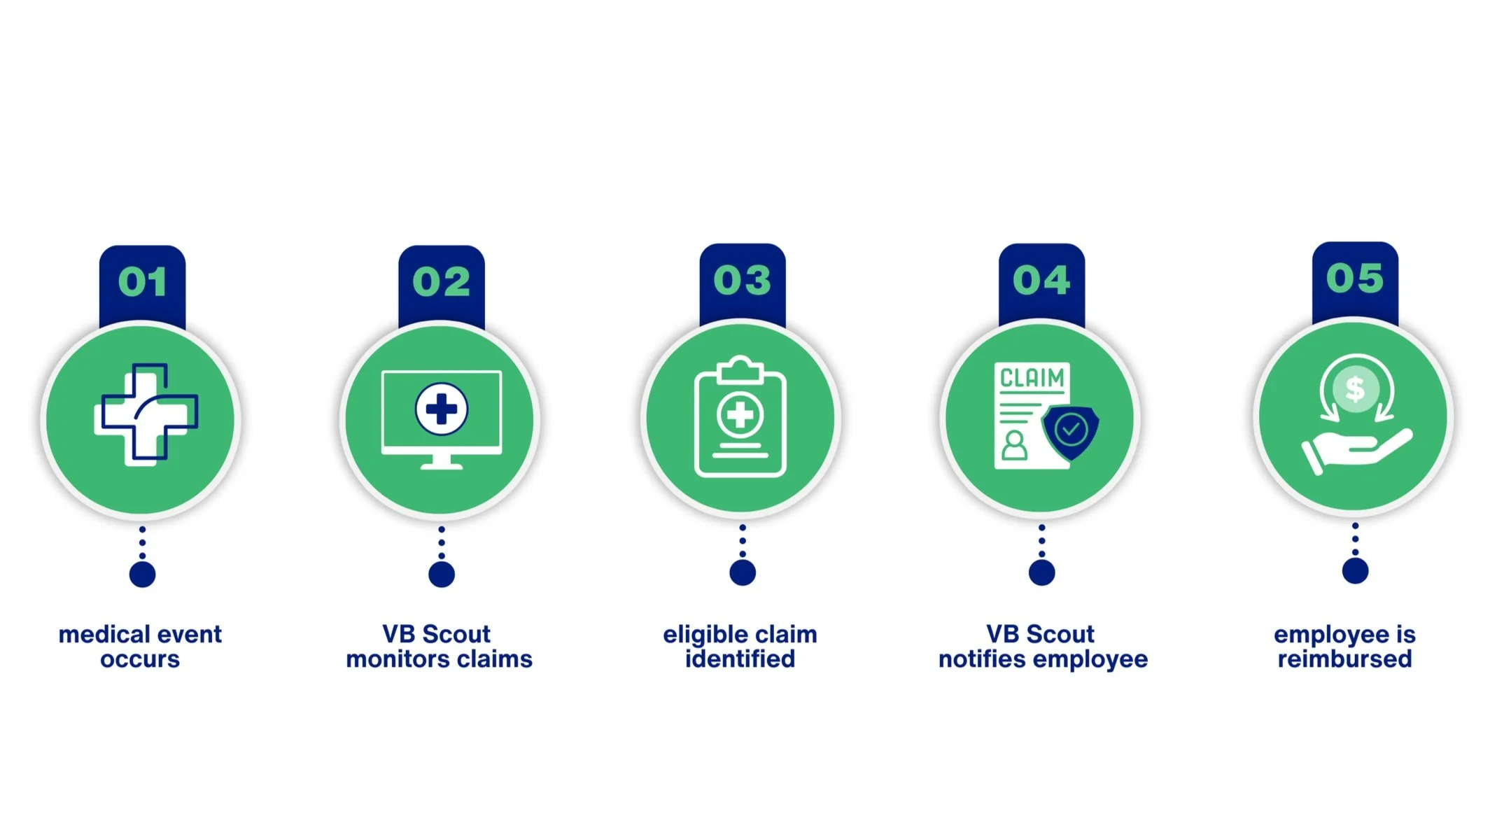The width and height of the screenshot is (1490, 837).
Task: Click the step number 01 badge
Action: [142, 281]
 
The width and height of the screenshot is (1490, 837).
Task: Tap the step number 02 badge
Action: [441, 281]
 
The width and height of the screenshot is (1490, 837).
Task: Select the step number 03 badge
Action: [742, 280]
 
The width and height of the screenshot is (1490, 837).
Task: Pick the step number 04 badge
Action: [1041, 280]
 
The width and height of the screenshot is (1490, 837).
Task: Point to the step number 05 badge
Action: [1355, 278]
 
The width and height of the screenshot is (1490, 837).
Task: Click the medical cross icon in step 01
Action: [146, 414]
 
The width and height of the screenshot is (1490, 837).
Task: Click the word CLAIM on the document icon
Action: [1032, 378]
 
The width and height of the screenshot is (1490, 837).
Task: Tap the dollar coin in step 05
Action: [1356, 389]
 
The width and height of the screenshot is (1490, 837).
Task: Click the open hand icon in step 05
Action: [1355, 451]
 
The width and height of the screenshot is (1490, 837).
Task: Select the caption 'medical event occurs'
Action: [140, 647]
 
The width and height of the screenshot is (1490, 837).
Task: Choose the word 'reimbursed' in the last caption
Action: [1344, 659]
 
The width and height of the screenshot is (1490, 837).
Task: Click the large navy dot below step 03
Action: [743, 572]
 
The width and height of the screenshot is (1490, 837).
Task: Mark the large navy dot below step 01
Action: [142, 575]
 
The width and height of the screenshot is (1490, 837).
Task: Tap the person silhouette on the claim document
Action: [1014, 445]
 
